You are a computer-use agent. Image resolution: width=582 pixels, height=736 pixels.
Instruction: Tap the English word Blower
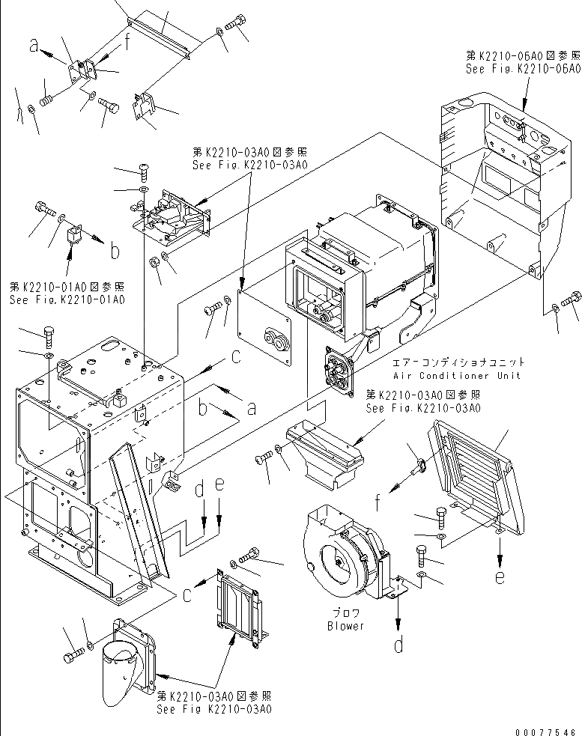coord(345,626)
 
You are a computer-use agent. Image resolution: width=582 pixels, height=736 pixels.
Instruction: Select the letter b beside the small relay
coord(115,252)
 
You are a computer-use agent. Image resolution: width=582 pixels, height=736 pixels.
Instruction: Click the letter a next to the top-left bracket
coord(34,46)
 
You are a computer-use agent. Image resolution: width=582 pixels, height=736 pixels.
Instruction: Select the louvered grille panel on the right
coord(472,472)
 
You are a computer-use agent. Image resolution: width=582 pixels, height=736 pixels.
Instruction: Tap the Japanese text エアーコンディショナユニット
coord(457,362)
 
